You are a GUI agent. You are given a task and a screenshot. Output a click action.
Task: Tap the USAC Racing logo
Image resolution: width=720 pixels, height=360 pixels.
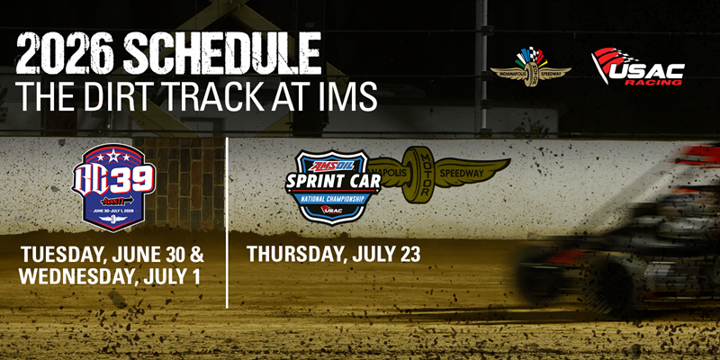636,67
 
